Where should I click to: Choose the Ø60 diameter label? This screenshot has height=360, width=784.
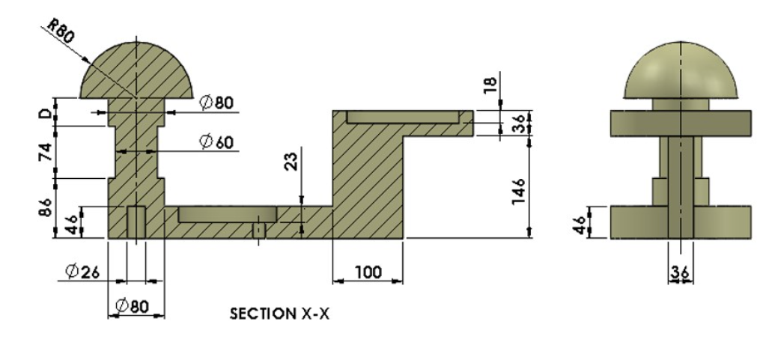(216, 141)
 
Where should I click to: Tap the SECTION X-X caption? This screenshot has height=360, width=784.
(279, 314)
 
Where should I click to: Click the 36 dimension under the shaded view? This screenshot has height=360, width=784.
(680, 273)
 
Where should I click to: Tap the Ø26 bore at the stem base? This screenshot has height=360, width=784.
(136, 222)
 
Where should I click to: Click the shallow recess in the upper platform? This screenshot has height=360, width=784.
(403, 118)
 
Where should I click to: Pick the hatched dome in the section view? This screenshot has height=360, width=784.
(137, 71)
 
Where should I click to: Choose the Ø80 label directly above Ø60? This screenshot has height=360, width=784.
(216, 103)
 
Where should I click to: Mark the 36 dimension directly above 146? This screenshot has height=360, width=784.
(516, 124)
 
